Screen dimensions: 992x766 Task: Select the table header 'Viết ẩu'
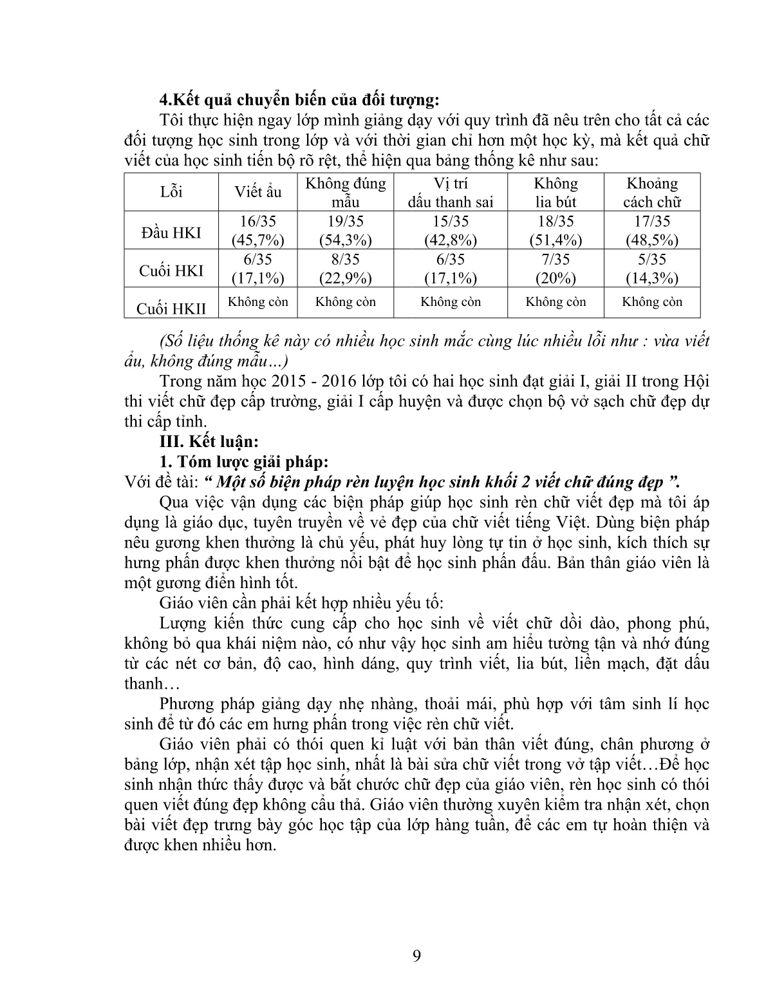pyautogui.click(x=258, y=192)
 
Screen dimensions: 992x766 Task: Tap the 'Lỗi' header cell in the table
pyautogui.click(x=171, y=192)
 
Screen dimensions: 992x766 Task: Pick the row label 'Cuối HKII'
pyautogui.click(x=171, y=308)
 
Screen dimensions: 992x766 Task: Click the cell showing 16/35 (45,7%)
pyautogui.click(x=257, y=231)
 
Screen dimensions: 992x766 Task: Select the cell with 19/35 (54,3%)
pyautogui.click(x=345, y=231)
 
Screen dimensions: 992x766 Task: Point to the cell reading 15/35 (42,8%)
pyautogui.click(x=450, y=231)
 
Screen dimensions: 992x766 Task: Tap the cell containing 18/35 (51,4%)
pyautogui.click(x=556, y=231)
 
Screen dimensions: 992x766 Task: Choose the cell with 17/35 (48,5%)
pyautogui.click(x=652, y=231)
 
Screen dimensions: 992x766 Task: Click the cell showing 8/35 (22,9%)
pyautogui.click(x=345, y=269)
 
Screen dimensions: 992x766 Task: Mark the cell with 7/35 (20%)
pyautogui.click(x=556, y=269)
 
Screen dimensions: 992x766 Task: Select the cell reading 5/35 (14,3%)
pyautogui.click(x=652, y=269)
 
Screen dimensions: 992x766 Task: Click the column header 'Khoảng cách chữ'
pyautogui.click(x=652, y=192)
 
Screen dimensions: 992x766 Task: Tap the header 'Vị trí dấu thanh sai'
pyautogui.click(x=450, y=192)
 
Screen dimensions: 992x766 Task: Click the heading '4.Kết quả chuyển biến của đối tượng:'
pyautogui.click(x=299, y=100)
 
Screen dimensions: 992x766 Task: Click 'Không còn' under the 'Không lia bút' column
pyautogui.click(x=556, y=301)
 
